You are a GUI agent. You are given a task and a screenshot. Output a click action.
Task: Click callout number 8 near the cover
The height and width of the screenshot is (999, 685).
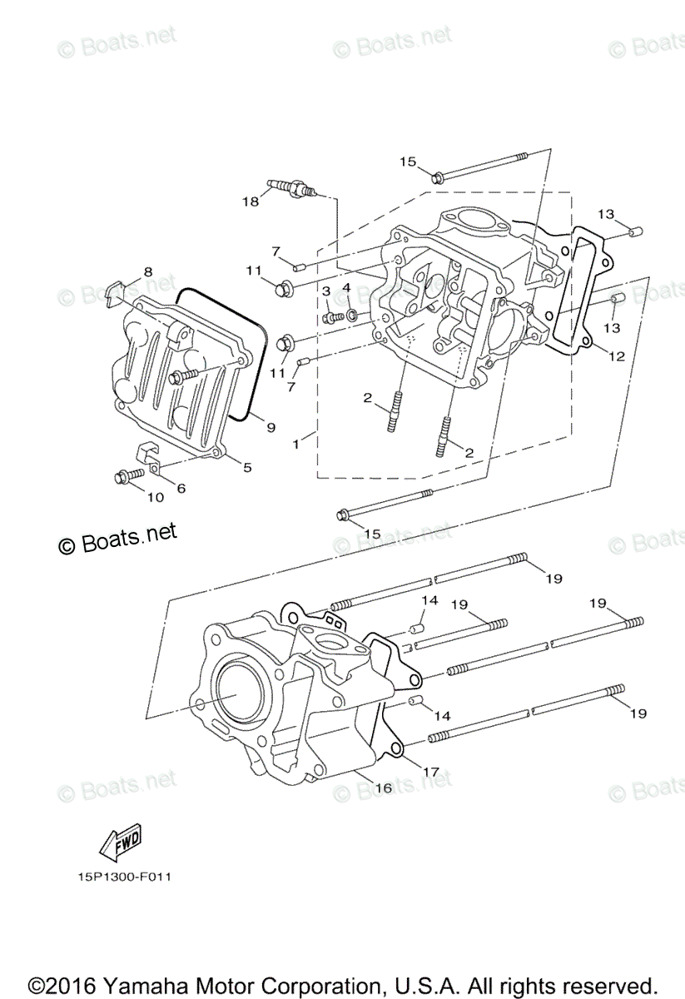coord(147,271)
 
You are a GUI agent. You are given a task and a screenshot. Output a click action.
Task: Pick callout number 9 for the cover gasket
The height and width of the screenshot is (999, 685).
coord(270,426)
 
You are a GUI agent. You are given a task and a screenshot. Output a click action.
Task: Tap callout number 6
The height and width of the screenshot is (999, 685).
coord(181,488)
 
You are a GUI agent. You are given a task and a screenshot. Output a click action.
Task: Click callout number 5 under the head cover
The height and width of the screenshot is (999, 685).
coord(247,468)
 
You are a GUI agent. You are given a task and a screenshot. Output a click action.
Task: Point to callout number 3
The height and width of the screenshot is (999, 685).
coord(326,290)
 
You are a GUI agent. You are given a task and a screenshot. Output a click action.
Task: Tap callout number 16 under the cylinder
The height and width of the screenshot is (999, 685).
coord(384,788)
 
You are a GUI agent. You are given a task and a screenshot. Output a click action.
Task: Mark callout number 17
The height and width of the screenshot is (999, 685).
coord(430,772)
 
